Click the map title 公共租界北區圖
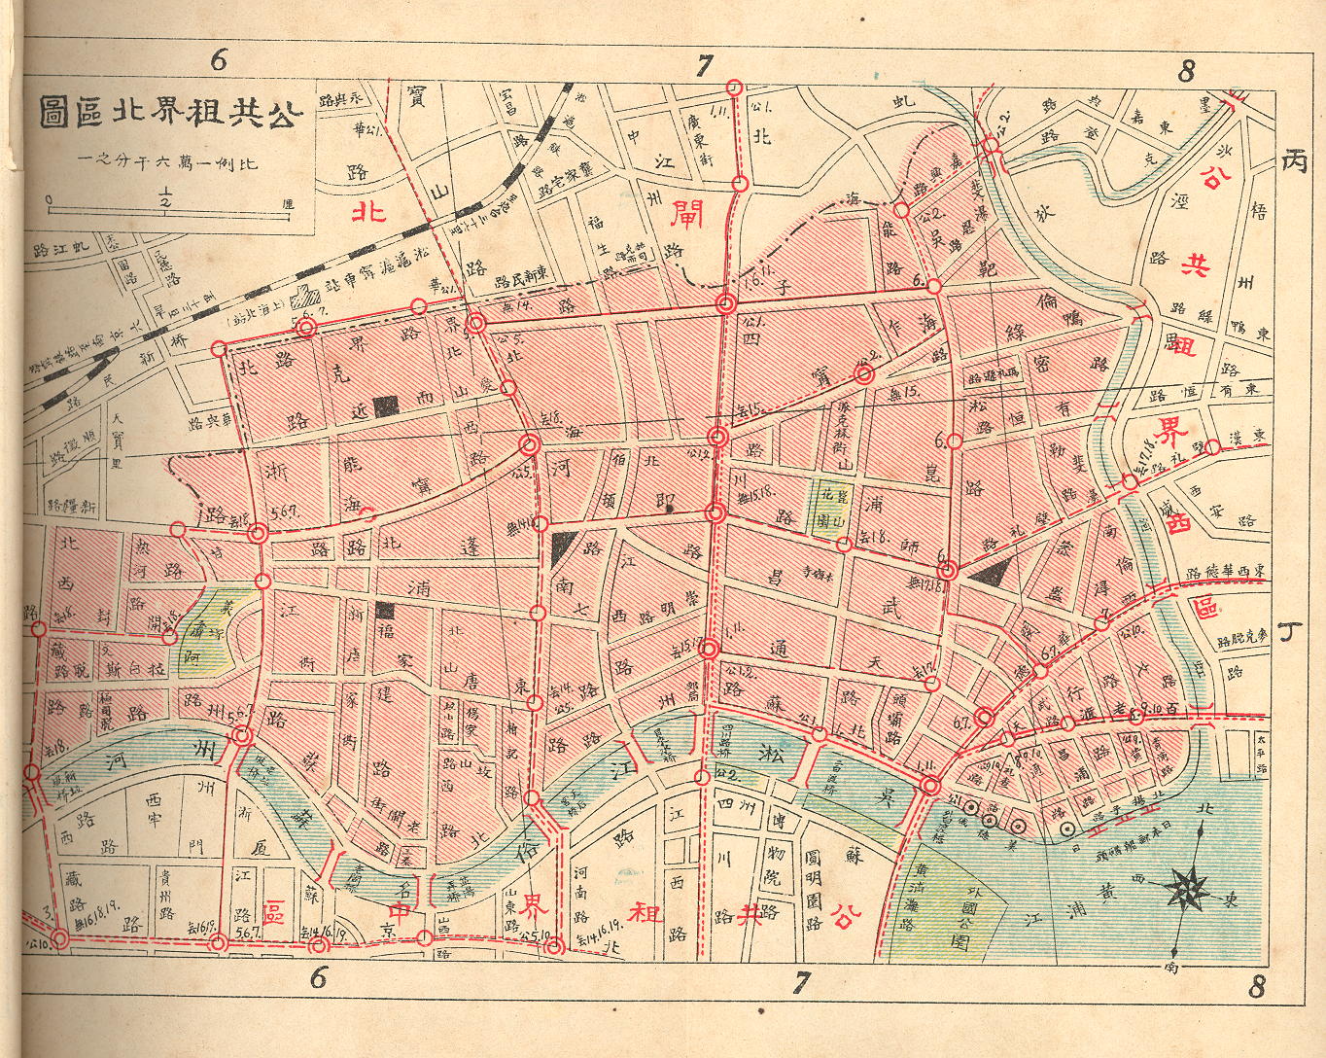tap(170, 113)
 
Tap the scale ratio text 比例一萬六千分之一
tap(169, 160)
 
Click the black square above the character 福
tap(386, 611)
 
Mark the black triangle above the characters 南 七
tap(561, 548)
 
